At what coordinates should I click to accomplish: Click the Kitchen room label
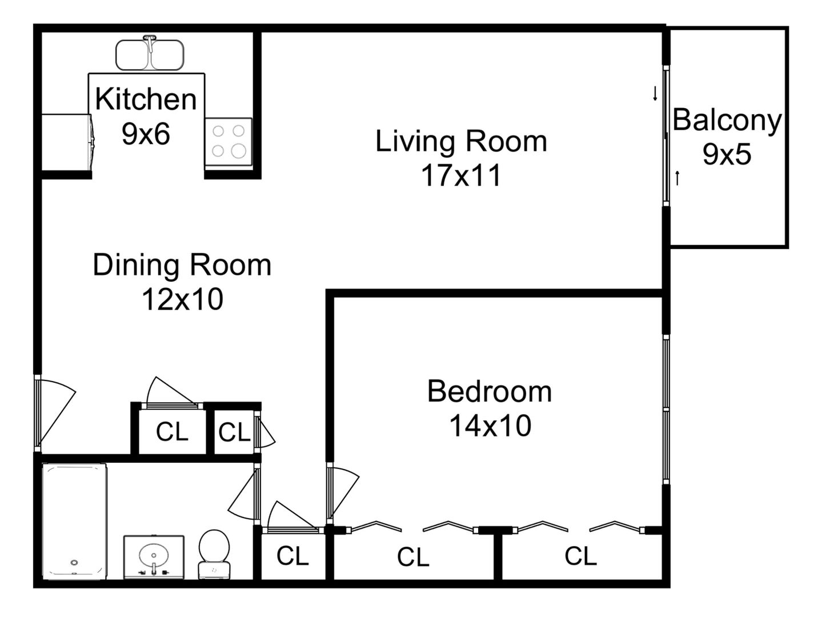[146, 99]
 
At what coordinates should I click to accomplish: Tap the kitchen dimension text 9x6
[146, 134]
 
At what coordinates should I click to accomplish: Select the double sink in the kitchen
[150, 54]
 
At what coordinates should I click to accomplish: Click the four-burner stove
[228, 142]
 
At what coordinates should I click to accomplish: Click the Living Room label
[461, 141]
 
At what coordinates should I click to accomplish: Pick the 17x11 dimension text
[461, 175]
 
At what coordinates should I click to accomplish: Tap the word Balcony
[727, 121]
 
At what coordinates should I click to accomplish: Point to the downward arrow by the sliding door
[655, 93]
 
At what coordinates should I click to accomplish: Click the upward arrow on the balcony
[677, 178]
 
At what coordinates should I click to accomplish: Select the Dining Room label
[182, 265]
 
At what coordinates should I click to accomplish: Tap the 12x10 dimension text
[183, 299]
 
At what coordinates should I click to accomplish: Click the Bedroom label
[490, 392]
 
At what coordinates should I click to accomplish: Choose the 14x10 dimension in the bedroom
[490, 426]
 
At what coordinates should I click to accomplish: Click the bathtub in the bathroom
[74, 522]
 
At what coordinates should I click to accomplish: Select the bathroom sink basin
[154, 556]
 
